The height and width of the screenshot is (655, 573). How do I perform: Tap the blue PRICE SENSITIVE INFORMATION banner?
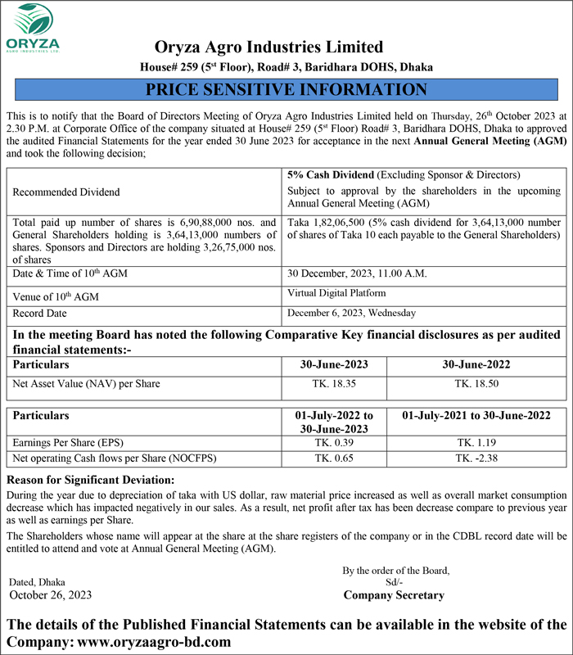[286, 89]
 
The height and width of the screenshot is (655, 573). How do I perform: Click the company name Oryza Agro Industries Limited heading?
[269, 47]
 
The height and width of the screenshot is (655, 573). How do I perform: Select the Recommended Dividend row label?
[66, 192]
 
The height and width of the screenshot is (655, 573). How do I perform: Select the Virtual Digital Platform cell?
[337, 293]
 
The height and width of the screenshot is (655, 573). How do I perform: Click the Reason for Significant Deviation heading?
[90, 480]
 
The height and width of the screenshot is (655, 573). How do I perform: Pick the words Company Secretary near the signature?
[394, 595]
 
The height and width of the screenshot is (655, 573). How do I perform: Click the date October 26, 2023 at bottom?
[50, 595]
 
